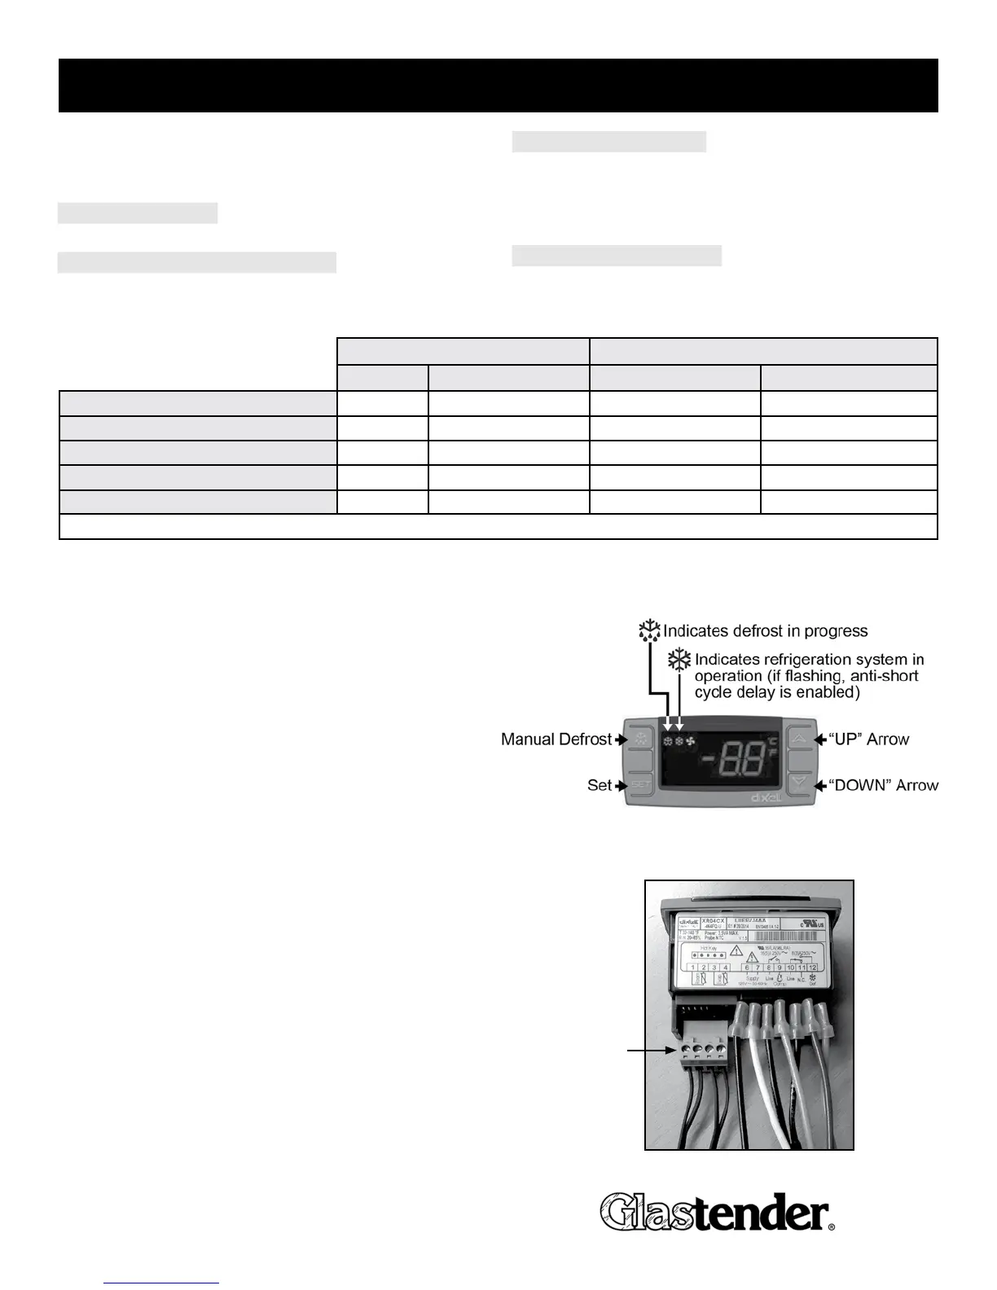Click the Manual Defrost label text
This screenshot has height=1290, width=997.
coord(556,739)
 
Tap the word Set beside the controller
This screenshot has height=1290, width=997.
coord(599,785)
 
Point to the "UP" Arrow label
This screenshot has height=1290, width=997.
coord(868,739)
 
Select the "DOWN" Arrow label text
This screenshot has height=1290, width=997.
coord(883,785)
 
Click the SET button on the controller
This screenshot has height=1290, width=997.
coord(641,784)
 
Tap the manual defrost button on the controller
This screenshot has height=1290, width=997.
coord(641,739)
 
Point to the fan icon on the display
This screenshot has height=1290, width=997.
coord(691,743)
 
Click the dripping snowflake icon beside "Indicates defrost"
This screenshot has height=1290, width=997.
coord(649,631)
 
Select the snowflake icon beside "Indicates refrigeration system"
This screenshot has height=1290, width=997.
coord(679,660)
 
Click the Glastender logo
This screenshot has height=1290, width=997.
coord(717,1212)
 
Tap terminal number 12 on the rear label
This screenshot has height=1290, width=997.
coord(812,968)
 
